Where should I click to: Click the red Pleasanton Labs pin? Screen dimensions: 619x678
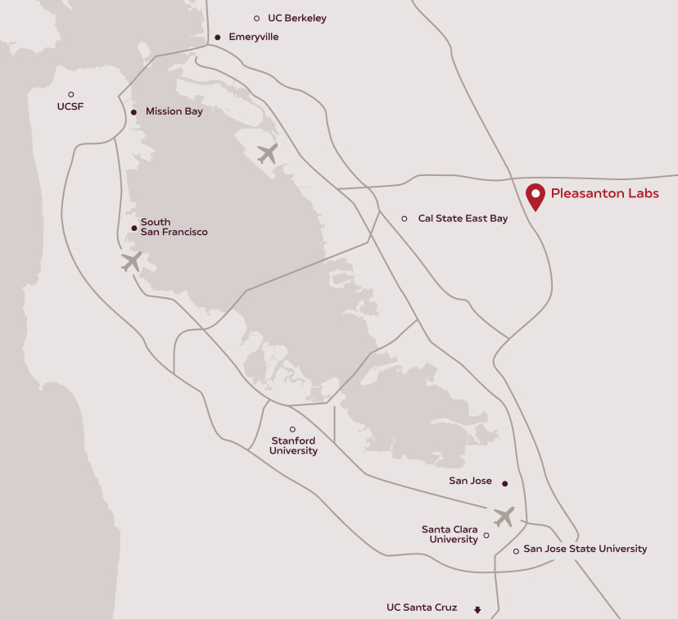536,196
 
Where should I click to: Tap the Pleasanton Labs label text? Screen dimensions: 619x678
604,194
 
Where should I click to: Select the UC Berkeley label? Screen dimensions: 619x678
296,18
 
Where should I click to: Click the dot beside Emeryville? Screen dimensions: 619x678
218,37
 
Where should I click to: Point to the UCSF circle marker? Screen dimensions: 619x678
71,94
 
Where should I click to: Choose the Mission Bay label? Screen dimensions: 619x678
174,111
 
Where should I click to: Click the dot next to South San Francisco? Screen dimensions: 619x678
134,228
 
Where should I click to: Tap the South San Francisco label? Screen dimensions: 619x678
174,227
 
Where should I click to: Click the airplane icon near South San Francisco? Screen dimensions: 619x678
131,262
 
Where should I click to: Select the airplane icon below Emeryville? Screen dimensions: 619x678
267,153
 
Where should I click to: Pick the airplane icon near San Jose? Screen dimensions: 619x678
504,517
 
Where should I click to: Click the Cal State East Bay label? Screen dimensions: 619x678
463,219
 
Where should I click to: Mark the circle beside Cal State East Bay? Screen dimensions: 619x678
405,219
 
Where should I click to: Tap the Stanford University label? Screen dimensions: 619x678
293,446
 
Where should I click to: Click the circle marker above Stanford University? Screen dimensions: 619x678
292,429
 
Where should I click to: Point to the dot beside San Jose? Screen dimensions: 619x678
504,482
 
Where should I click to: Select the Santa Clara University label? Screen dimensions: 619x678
450,535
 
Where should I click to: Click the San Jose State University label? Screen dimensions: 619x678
585,549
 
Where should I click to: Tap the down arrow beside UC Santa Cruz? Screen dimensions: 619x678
477,609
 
